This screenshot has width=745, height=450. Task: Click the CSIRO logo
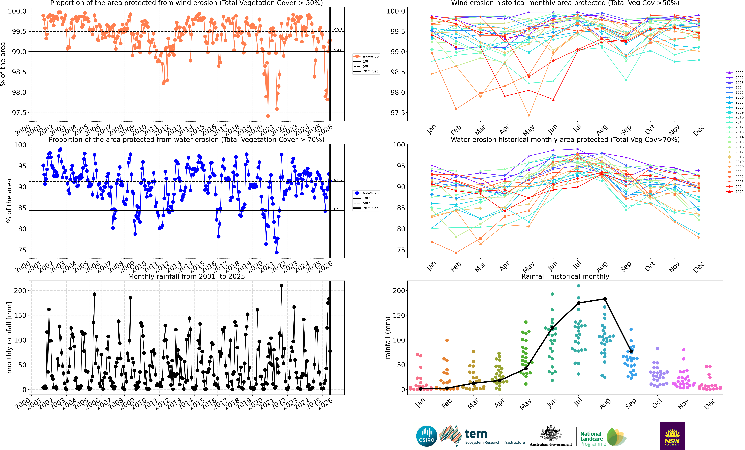point(427,436)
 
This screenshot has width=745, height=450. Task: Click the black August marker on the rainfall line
point(605,299)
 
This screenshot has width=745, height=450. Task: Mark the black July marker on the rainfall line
point(578,303)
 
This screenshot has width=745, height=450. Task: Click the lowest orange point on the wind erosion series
point(268,116)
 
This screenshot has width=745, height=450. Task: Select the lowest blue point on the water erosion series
point(277,253)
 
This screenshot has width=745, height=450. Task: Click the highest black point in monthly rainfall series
point(282,286)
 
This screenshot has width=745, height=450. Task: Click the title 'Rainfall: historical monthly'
point(565,276)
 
